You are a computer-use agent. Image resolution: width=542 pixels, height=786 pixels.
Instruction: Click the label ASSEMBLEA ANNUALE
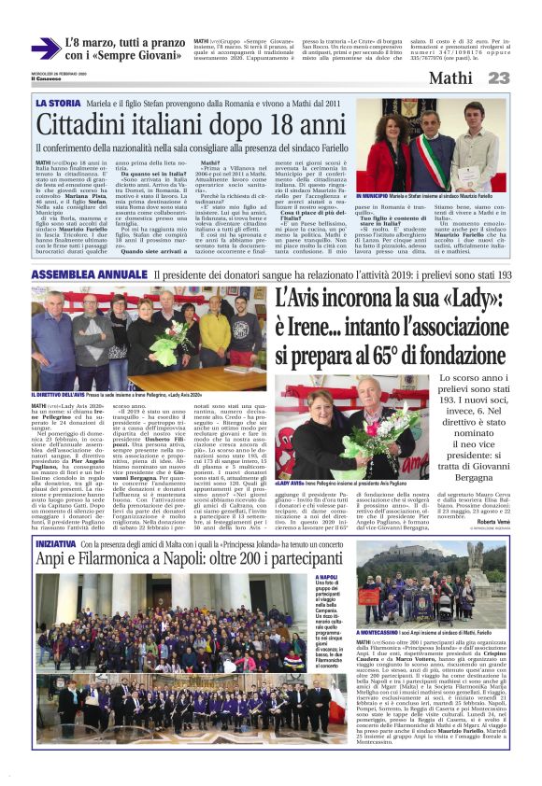click(90, 275)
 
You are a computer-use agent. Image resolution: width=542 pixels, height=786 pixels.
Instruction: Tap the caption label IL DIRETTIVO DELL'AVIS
click(65, 395)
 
